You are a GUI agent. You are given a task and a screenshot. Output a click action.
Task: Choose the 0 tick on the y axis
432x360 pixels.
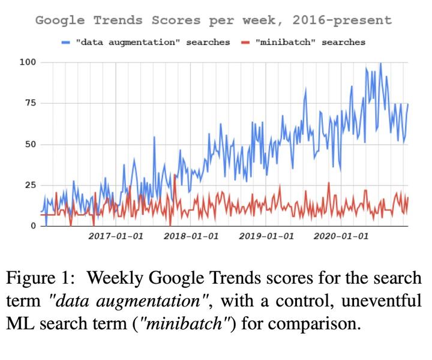coord(32,226)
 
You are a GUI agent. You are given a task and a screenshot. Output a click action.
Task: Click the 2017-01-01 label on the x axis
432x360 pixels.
coord(116,236)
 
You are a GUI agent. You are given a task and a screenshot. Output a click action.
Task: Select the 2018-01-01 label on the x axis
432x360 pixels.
coord(191,236)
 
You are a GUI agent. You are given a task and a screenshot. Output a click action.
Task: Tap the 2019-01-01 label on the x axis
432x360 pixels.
coord(266,236)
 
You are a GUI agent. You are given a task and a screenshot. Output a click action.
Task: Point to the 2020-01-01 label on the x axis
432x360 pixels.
coord(341,236)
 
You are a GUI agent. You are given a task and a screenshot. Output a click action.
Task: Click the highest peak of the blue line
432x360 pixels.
coord(380,64)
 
